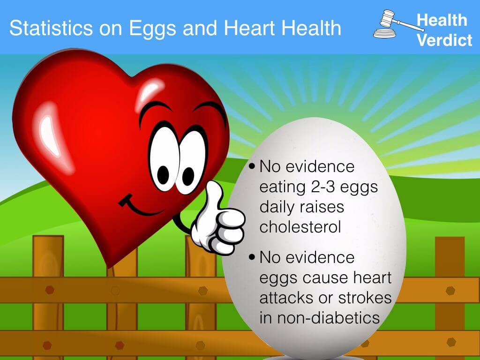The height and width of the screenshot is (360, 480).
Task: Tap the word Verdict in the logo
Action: click(444, 40)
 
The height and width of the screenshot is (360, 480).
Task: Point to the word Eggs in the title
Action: click(154, 29)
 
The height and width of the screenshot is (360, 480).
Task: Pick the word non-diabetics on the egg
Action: click(319, 317)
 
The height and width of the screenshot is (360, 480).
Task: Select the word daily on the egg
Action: click(277, 207)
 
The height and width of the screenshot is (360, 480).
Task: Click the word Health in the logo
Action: click(442, 20)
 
